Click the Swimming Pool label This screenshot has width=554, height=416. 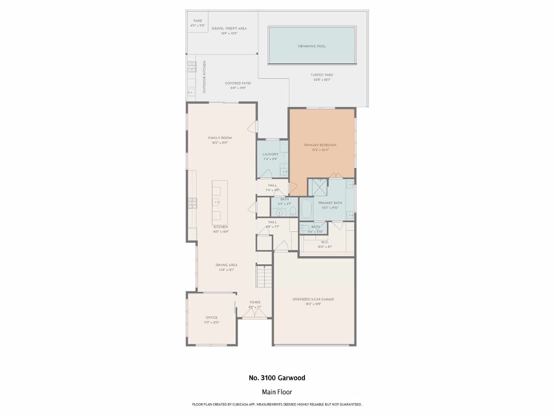click(x=312, y=46)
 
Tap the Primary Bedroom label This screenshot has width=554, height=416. click(x=320, y=145)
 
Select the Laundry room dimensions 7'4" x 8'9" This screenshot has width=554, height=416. click(x=270, y=159)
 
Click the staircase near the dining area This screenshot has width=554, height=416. click(x=264, y=277)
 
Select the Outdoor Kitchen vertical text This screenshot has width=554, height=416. click(x=204, y=77)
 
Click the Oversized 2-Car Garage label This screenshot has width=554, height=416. click(x=313, y=299)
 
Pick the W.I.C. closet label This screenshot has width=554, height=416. click(x=325, y=242)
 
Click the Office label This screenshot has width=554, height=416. click(x=212, y=318)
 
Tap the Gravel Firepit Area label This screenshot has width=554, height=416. click(x=229, y=28)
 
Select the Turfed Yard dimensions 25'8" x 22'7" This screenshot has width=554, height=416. click(x=322, y=80)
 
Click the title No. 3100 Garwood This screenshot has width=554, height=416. click(x=277, y=378)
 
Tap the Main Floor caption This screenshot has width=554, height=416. click(x=277, y=392)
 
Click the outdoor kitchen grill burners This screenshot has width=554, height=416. click(x=192, y=67)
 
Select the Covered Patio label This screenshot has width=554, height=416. click(x=238, y=83)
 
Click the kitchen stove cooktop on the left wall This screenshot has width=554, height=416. click(x=193, y=203)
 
